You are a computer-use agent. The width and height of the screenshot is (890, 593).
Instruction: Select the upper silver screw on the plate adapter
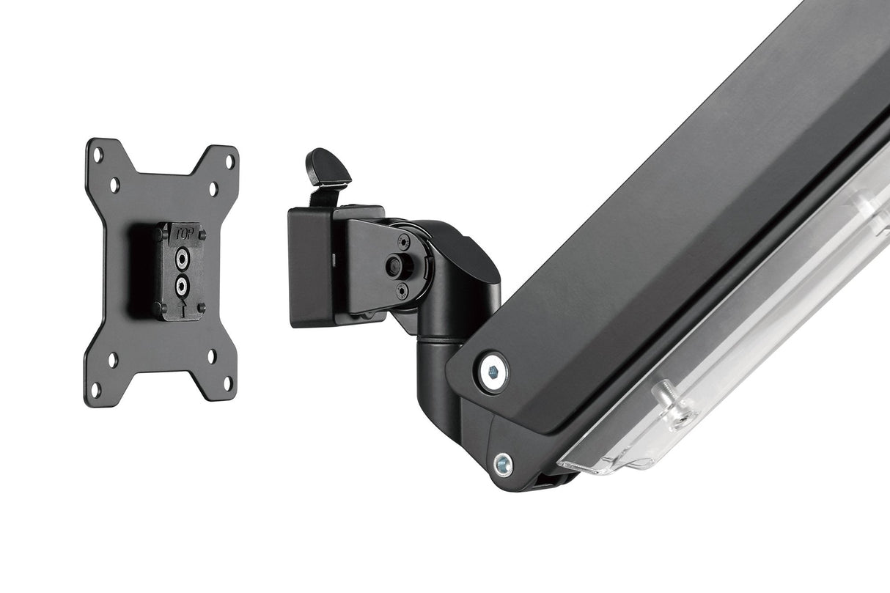[x=181, y=257]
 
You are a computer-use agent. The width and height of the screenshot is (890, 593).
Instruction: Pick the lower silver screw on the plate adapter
[x=181, y=284]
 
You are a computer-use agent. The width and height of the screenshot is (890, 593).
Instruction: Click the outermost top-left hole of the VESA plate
[x=96, y=155]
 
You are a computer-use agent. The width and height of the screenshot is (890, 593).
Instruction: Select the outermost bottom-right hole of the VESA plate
[x=227, y=383]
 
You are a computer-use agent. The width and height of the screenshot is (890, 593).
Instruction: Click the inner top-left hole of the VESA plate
[x=114, y=184]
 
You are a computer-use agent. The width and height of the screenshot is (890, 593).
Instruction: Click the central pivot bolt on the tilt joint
[x=397, y=265]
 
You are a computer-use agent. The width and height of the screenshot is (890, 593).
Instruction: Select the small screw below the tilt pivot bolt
[x=402, y=291]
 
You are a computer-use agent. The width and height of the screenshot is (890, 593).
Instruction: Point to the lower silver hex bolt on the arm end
[x=502, y=463]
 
